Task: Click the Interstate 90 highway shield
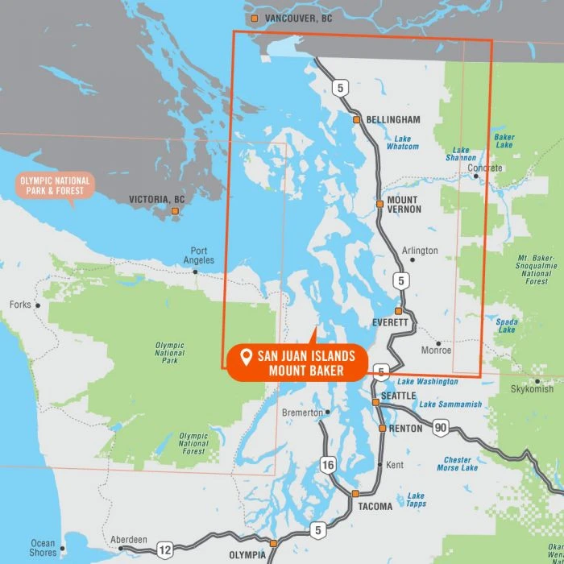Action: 441,426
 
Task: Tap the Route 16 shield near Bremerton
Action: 327,464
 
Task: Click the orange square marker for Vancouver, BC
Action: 255,18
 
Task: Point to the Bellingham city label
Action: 393,119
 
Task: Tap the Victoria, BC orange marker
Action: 174,211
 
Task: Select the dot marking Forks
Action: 37,305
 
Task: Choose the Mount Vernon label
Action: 402,204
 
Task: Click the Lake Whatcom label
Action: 402,143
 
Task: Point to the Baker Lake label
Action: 504,141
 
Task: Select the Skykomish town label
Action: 532,389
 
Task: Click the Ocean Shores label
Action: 43,548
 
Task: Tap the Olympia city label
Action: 247,555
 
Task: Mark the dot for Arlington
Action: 413,260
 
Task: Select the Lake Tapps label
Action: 416,500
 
